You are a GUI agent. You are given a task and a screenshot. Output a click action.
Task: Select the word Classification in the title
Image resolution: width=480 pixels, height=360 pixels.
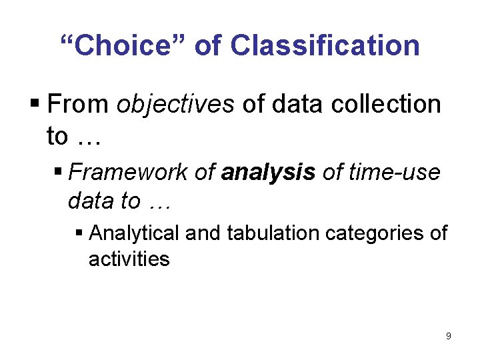pyautogui.click(x=325, y=46)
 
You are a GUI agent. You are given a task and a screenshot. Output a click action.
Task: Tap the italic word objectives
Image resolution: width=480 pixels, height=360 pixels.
pyautogui.click(x=175, y=105)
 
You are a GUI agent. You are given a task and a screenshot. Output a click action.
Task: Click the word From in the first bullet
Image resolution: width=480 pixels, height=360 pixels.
pyautogui.click(x=79, y=105)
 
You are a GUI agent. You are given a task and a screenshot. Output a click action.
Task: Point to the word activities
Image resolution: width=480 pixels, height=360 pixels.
pyautogui.click(x=129, y=259)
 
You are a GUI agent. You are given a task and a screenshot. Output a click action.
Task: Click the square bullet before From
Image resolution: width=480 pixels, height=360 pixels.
pyautogui.click(x=35, y=105)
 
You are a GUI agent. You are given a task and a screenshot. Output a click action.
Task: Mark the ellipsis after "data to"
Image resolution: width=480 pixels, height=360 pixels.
pyautogui.click(x=160, y=201)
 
